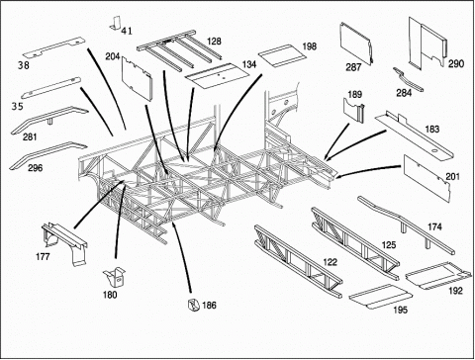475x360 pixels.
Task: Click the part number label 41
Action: point(127,31)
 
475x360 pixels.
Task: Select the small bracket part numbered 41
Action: point(116,23)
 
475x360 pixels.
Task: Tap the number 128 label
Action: point(214,42)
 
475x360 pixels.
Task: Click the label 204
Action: point(113,56)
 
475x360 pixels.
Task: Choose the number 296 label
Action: point(36,168)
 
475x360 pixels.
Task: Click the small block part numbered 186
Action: point(193,305)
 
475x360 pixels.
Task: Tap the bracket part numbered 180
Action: point(115,277)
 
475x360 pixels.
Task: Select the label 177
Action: point(43,256)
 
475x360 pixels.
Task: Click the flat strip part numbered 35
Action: point(51,88)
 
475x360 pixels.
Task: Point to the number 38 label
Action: point(24,65)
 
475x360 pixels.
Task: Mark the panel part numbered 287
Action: point(355,43)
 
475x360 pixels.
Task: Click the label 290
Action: point(456,63)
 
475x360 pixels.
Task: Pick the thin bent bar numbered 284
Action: point(409,79)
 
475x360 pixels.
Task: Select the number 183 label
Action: point(432,129)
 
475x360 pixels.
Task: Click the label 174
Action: point(434,226)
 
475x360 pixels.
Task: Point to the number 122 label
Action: point(331,262)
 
